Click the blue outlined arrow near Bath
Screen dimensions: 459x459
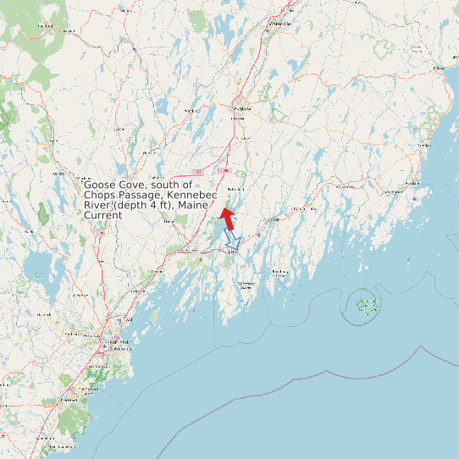pyautogui.click(x=233, y=242)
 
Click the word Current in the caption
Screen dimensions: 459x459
pyautogui.click(x=102, y=215)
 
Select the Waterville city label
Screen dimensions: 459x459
pyautogui.click(x=279, y=25)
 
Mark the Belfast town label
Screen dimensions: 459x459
pyautogui.click(x=440, y=67)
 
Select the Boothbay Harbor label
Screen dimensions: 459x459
pyautogui.click(x=279, y=272)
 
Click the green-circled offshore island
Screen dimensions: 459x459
pyautogui.click(x=365, y=305)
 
